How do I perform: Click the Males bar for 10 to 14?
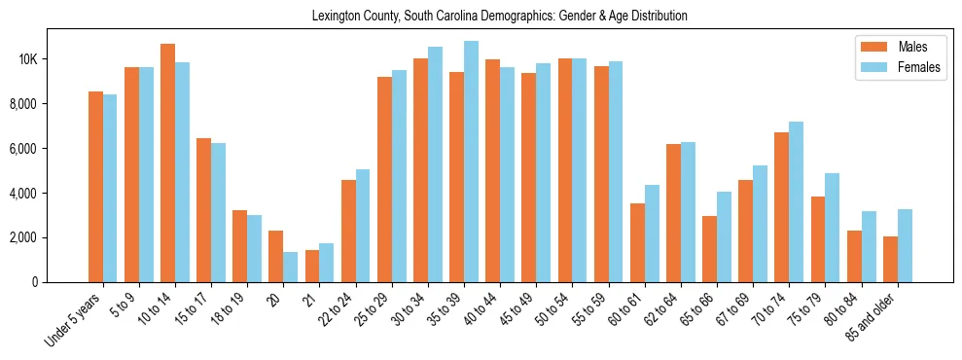(167, 163)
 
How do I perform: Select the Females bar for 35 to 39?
(471, 162)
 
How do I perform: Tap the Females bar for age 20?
(290, 267)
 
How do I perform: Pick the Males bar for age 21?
(312, 266)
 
